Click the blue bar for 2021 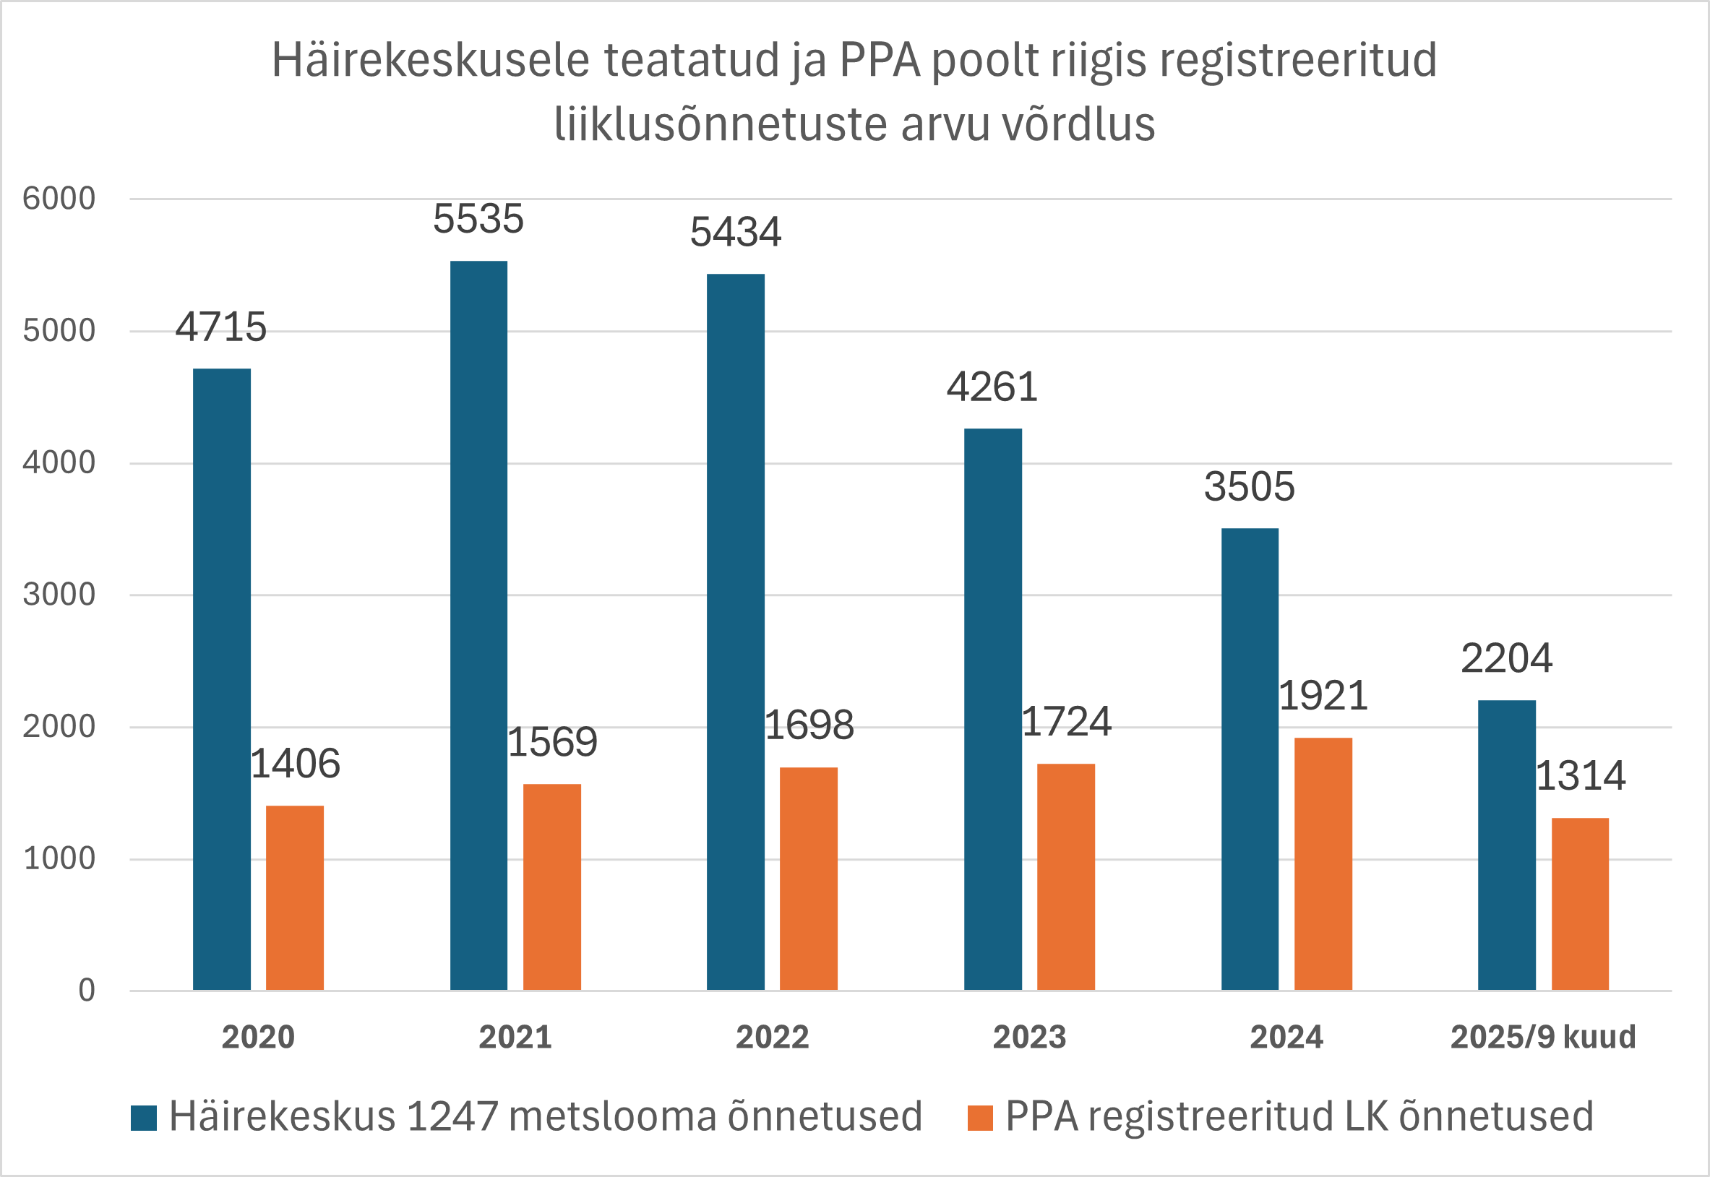pos(478,626)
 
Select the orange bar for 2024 pos(1323,863)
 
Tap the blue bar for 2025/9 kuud pos(1506,845)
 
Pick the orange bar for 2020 pos(294,897)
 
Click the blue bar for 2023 pos(992,709)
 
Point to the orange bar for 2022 pos(809,879)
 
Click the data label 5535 pos(478,219)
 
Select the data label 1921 pos(1323,695)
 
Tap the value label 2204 pos(1506,658)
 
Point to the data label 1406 pos(295,763)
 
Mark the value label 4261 pos(992,387)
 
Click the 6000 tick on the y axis pos(59,199)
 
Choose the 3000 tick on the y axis pos(59,595)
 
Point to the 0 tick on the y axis pos(86,991)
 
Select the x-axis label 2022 pos(772,1038)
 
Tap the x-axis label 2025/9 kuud pos(1543,1038)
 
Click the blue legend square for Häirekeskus pos(144,1118)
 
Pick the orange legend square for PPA pos(979,1118)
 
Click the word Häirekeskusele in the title pos(431,61)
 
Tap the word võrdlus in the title pos(1078,124)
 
